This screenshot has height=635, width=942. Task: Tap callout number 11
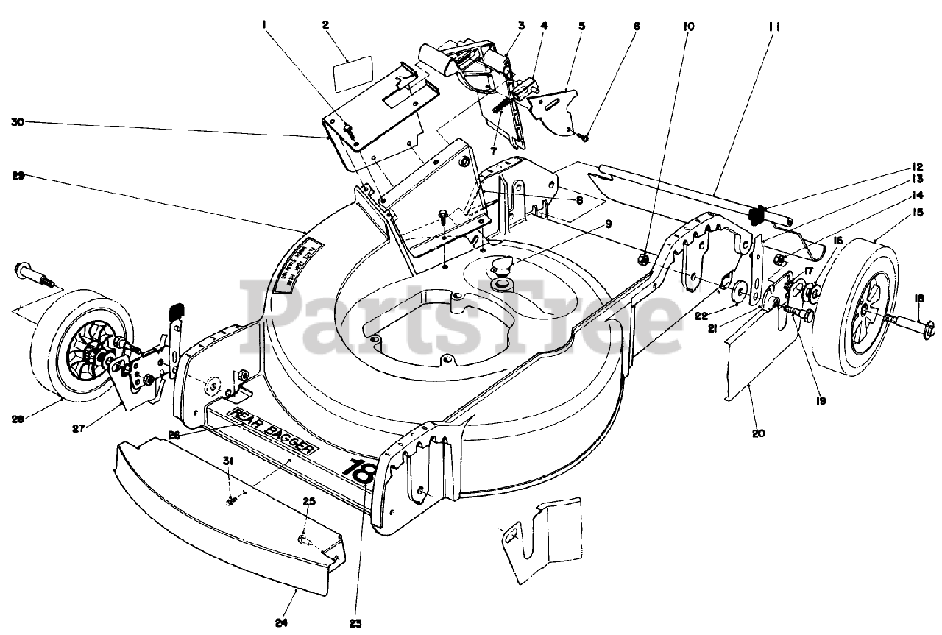(774, 26)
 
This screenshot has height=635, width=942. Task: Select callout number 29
(19, 175)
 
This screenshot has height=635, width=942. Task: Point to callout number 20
(758, 433)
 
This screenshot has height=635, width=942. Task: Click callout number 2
(325, 24)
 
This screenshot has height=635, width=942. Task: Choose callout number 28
(18, 419)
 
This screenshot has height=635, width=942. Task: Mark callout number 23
(355, 622)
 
